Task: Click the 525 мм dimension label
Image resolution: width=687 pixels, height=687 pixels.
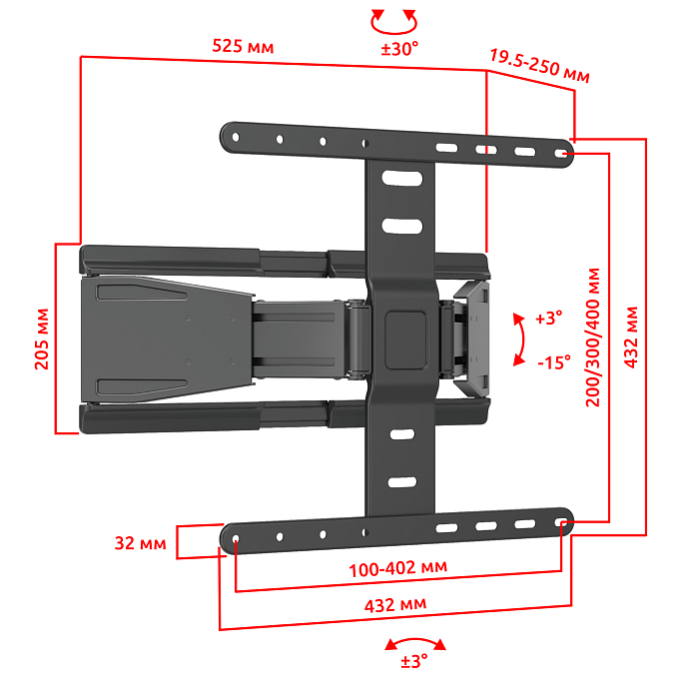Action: point(243,46)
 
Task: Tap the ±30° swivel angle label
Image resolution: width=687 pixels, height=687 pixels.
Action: point(399,49)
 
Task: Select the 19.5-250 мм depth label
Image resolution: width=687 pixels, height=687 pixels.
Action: point(539,66)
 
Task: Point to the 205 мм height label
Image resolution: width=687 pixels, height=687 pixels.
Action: point(42,339)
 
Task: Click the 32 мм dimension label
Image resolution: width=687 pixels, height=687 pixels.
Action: point(140,543)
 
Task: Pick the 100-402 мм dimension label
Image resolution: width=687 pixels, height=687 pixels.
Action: point(397,568)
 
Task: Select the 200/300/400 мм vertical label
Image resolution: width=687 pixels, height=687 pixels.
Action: point(593,338)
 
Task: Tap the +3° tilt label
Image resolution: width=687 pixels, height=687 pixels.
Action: point(549,318)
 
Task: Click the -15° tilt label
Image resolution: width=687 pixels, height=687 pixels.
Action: point(554,362)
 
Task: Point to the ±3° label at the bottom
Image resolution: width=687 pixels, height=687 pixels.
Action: point(414,661)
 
